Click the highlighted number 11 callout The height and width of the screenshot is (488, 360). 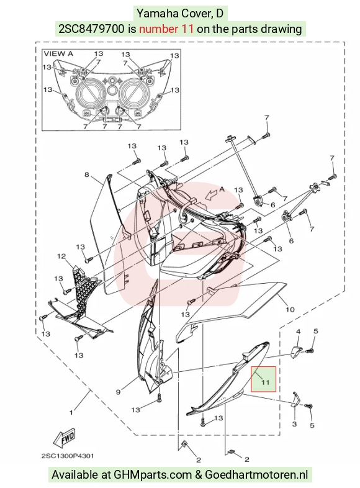pos(264,379)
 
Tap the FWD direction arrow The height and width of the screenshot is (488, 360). pos(65,438)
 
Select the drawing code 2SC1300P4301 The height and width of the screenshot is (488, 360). pos(68,456)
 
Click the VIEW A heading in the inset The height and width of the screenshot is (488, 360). pos(58,53)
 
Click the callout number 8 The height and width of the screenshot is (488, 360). pos(87,174)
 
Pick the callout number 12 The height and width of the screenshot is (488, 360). pos(61,256)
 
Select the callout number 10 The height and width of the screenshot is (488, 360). pos(290,309)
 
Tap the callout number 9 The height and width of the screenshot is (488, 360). pos(118,392)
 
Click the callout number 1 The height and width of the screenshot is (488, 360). pos(71,413)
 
